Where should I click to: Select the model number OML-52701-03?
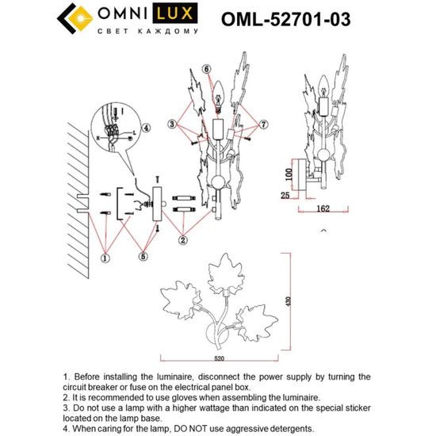click(x=282, y=17)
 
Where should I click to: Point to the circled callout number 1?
click(x=105, y=258)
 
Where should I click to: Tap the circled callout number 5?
click(x=143, y=255)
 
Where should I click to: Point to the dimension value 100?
click(x=290, y=171)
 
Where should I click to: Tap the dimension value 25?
click(x=285, y=193)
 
